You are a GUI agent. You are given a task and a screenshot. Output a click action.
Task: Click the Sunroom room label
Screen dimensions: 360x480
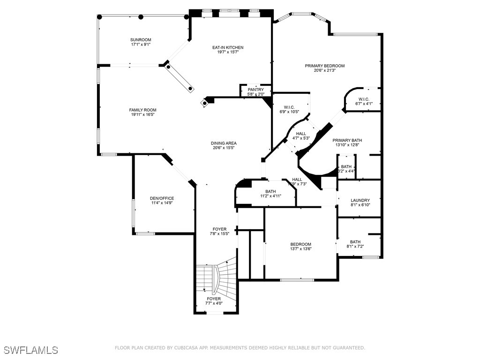(140, 40)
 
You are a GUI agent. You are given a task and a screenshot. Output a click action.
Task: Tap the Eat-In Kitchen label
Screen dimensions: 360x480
(228, 47)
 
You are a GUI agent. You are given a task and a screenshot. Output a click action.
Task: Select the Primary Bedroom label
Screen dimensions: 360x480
(325, 66)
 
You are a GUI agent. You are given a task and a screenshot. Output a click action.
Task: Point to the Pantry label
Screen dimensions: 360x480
(256, 90)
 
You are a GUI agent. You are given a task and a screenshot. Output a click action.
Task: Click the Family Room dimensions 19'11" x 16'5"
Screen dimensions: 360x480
(143, 114)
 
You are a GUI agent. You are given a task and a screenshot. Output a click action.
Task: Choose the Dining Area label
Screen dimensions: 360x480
(224, 143)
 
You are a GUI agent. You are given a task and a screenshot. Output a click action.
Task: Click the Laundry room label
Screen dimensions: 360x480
(360, 200)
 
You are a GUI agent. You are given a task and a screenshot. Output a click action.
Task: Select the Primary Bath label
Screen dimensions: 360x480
(347, 140)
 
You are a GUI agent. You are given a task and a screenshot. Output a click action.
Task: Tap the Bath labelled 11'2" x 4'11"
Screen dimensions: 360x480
(270, 191)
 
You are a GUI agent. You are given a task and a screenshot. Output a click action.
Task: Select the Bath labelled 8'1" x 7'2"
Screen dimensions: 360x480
(355, 242)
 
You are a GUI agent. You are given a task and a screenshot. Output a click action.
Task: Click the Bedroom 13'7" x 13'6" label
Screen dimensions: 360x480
(300, 244)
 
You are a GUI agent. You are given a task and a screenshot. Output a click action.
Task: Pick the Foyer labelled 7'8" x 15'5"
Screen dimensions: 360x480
(219, 229)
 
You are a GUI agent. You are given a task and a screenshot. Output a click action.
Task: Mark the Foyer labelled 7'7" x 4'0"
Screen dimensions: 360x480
(214, 299)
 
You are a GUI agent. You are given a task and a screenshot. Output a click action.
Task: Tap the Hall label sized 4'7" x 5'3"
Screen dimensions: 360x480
(301, 134)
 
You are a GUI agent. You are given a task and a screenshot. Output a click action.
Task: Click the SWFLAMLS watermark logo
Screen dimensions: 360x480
(31, 350)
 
